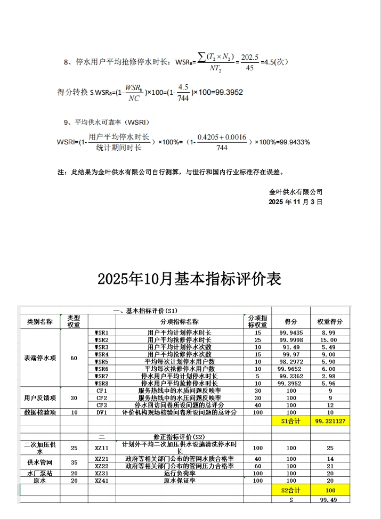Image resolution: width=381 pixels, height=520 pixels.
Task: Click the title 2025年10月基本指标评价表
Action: click(x=190, y=279)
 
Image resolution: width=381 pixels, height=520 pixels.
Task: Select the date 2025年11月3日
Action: click(x=296, y=202)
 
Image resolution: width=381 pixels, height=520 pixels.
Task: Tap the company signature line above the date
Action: click(x=296, y=192)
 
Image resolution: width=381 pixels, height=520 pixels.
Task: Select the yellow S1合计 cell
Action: click(x=291, y=421)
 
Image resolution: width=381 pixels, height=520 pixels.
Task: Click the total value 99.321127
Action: click(x=330, y=421)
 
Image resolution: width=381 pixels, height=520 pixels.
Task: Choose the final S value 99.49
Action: click(x=330, y=500)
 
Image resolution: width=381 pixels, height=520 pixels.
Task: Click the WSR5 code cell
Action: click(x=102, y=361)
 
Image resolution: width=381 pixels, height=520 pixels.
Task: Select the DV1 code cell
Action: click(x=102, y=412)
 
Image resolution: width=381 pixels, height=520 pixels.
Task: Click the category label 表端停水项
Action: click(x=40, y=357)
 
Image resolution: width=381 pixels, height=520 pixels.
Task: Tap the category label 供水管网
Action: click(x=40, y=462)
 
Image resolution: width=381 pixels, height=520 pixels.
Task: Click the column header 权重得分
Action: click(x=330, y=322)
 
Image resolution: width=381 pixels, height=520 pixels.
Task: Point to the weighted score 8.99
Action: click(x=330, y=332)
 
